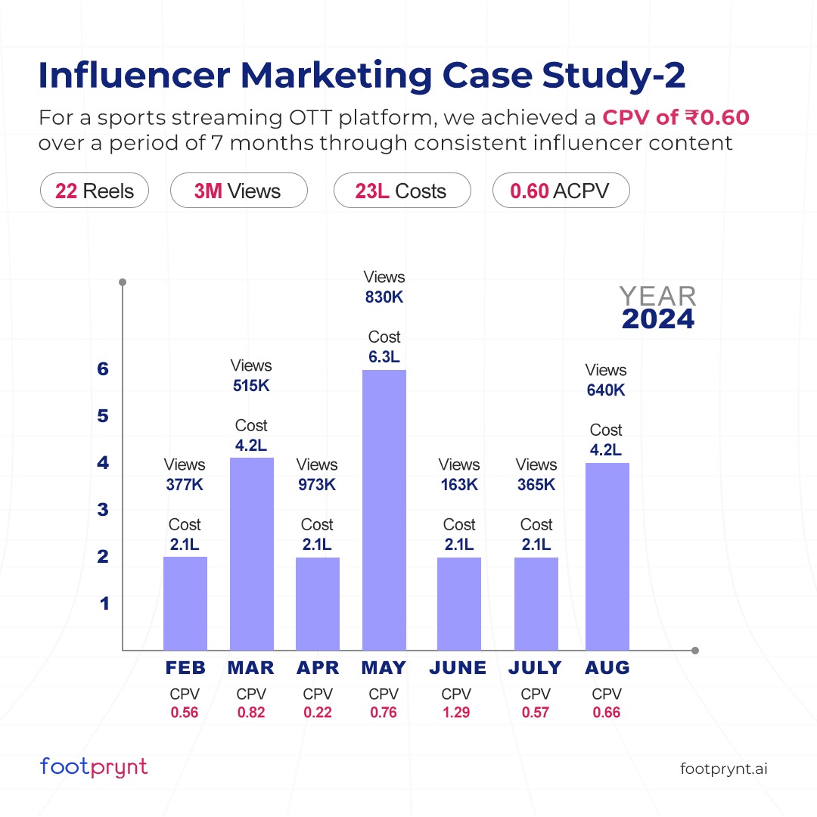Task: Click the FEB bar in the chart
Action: (185, 603)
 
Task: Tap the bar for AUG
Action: (607, 556)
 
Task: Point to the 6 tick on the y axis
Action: (104, 369)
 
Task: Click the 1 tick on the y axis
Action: (104, 604)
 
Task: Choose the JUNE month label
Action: (458, 668)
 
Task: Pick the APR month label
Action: (317, 668)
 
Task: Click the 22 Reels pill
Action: (95, 191)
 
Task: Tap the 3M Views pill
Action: (238, 191)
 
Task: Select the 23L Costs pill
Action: (402, 191)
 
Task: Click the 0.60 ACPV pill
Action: (561, 191)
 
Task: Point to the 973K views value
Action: (316, 485)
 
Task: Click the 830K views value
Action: (384, 297)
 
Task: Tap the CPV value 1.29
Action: (456, 712)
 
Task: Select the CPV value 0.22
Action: (316, 712)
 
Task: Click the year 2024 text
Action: (657, 319)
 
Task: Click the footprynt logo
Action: (94, 767)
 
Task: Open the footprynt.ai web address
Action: (724, 769)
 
